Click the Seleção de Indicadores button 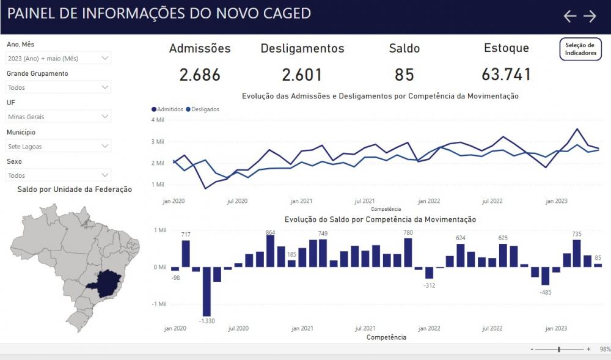(580, 49)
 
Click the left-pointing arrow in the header (569, 17)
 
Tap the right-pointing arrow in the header (590, 17)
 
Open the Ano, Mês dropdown (59, 58)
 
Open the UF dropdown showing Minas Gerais (59, 117)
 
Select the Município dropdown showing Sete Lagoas (59, 146)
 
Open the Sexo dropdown (59, 175)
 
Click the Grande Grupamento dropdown (59, 87)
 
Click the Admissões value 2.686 (200, 75)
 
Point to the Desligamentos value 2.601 (302, 75)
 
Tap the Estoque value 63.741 (506, 75)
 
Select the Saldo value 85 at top (404, 75)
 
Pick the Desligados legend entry (204, 109)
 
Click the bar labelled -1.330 (207, 290)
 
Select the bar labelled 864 (270, 251)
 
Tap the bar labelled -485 (545, 276)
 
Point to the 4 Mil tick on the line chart (158, 120)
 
